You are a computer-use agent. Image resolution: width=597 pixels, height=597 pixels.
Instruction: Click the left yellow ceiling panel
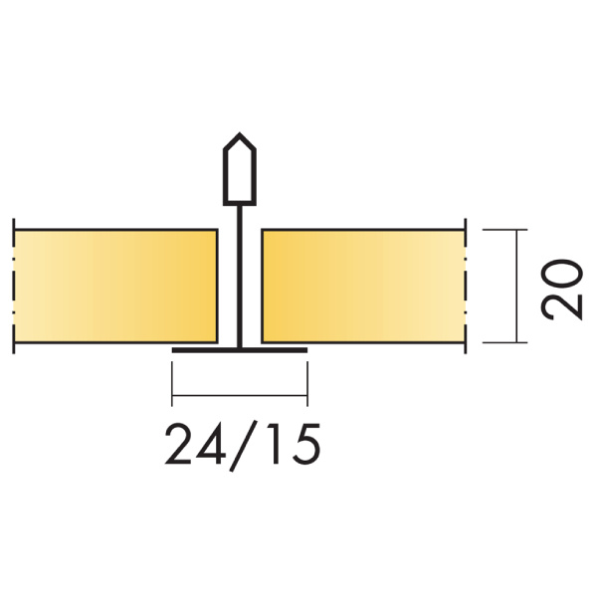[x=114, y=287]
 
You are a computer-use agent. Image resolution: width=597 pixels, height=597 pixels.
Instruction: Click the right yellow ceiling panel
[x=363, y=287]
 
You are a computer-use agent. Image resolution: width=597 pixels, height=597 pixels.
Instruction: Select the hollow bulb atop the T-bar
[x=239, y=167]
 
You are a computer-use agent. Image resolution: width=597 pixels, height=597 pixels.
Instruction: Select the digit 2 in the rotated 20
[x=564, y=302]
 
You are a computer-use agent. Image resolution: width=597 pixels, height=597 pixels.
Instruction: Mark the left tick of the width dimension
[x=172, y=384]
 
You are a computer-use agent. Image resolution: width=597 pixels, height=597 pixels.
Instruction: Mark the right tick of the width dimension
[x=306, y=384]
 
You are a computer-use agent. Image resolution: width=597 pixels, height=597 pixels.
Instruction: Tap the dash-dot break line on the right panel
[x=466, y=287]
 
